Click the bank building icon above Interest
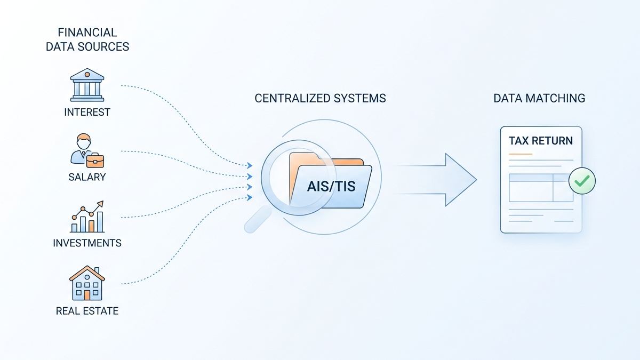[87, 85]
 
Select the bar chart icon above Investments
[87, 217]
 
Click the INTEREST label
[87, 112]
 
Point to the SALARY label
[87, 177]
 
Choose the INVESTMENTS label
[87, 243]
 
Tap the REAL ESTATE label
[87, 310]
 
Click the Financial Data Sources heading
[87, 40]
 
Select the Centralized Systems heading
[320, 99]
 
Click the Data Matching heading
[539, 99]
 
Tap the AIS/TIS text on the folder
[331, 187]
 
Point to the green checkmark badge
[581, 181]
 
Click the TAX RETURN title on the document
[540, 141]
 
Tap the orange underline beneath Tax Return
[521, 154]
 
